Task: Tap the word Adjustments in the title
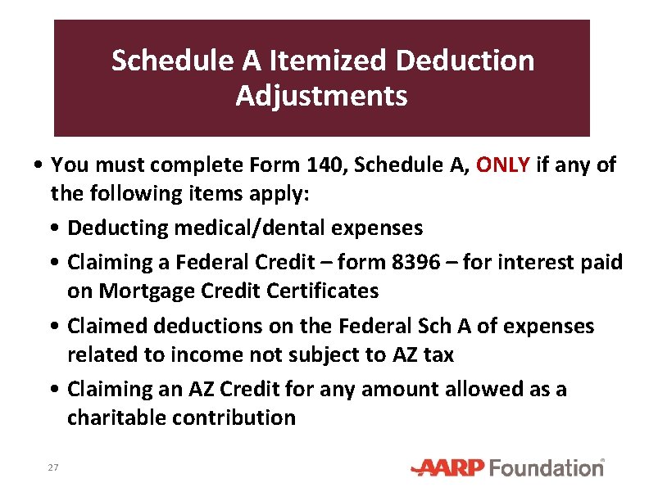[321, 96]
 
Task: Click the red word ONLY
[502, 165]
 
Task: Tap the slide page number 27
[53, 467]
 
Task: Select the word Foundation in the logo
[547, 468]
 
